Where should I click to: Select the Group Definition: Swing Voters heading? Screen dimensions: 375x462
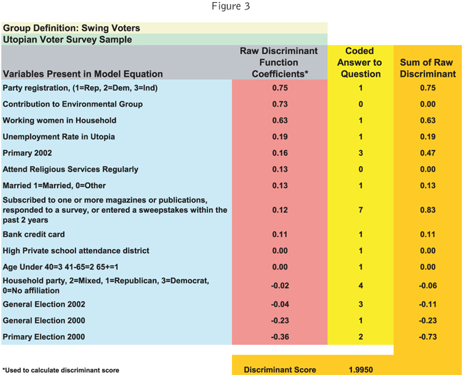71,28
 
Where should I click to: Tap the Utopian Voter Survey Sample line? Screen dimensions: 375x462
68,40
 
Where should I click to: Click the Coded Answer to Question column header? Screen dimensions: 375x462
360,62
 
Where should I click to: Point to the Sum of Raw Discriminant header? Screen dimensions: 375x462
427,68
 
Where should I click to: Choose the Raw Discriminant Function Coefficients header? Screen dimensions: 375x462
279,62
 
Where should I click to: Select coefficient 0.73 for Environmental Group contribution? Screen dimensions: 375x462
279,104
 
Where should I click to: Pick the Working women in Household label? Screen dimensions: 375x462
60,120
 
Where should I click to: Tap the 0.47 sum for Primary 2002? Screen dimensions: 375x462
427,153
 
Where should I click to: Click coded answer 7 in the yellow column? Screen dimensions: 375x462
360,209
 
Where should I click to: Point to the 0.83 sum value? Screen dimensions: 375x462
427,209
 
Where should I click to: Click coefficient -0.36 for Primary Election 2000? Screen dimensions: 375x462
278,337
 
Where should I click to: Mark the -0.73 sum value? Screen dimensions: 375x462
427,337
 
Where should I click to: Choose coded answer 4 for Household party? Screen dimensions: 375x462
360,285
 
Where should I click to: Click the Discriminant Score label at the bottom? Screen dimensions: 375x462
279,370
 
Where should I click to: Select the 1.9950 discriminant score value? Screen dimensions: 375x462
360,370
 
